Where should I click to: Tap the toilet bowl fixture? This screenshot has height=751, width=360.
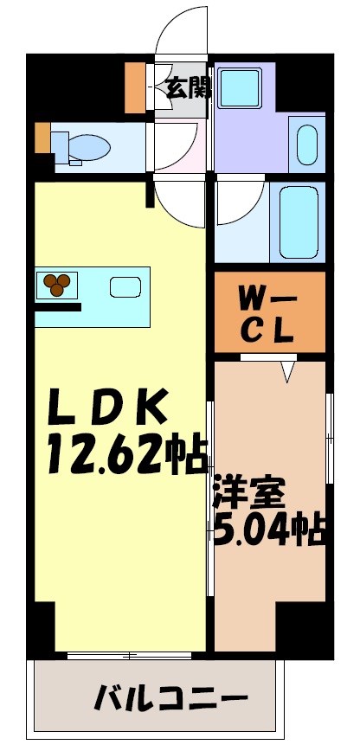[87, 148]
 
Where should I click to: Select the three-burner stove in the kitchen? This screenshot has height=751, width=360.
[57, 284]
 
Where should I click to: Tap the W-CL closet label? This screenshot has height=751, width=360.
[268, 312]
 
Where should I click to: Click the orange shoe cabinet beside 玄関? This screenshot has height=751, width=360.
[135, 87]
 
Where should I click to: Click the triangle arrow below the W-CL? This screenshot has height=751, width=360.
[288, 370]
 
